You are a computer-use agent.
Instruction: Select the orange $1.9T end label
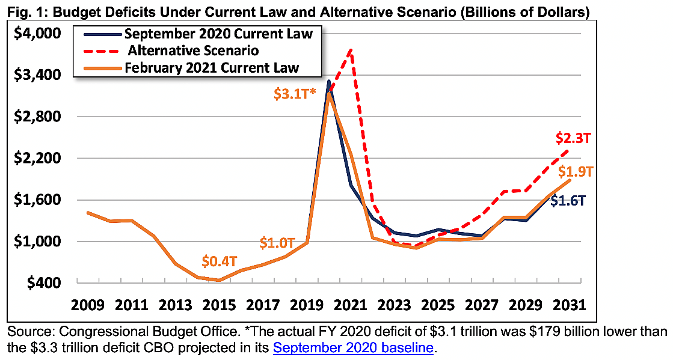pyautogui.click(x=576, y=171)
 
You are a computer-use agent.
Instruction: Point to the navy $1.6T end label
pyautogui.click(x=568, y=201)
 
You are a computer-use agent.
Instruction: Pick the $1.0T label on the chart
pyautogui.click(x=277, y=243)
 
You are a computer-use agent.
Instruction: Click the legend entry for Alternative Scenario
pyautogui.click(x=193, y=50)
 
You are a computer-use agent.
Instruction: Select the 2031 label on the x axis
pyautogui.click(x=568, y=304)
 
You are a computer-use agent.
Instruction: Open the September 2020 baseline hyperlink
pyautogui.click(x=354, y=347)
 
